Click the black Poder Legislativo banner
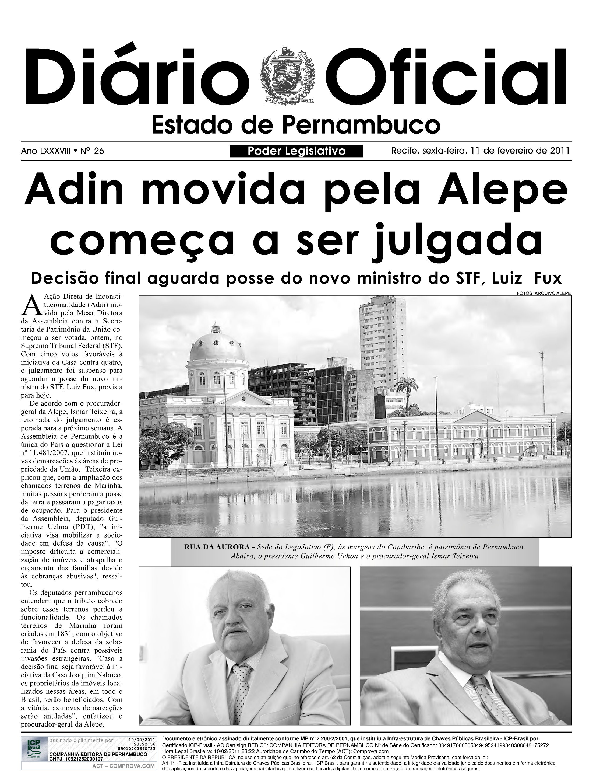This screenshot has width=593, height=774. (296, 151)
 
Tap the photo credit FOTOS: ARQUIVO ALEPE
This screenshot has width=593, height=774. (543, 293)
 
